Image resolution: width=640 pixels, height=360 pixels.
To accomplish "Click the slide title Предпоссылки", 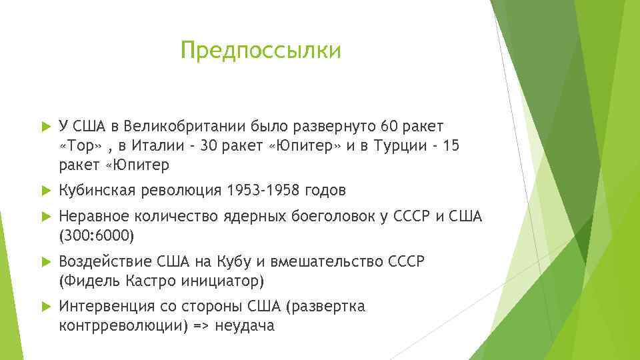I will click(x=261, y=51).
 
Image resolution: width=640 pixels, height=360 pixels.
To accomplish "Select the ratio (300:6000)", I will click(x=96, y=235).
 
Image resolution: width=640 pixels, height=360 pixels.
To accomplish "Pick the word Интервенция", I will click(x=107, y=307).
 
